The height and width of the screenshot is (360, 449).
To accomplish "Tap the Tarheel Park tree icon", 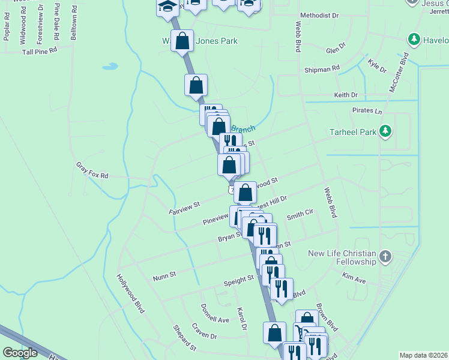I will click(385, 131).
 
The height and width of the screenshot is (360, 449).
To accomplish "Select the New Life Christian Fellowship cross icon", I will click(385, 257).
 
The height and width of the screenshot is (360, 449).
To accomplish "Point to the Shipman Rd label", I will click(322, 70).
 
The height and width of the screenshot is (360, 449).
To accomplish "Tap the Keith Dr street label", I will click(346, 95).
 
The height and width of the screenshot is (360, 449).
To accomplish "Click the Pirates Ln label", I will click(367, 111).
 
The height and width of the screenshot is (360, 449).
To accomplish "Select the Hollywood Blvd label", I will click(131, 293).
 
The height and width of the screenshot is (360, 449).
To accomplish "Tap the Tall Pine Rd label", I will click(39, 51).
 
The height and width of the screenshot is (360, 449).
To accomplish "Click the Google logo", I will click(20, 353).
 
